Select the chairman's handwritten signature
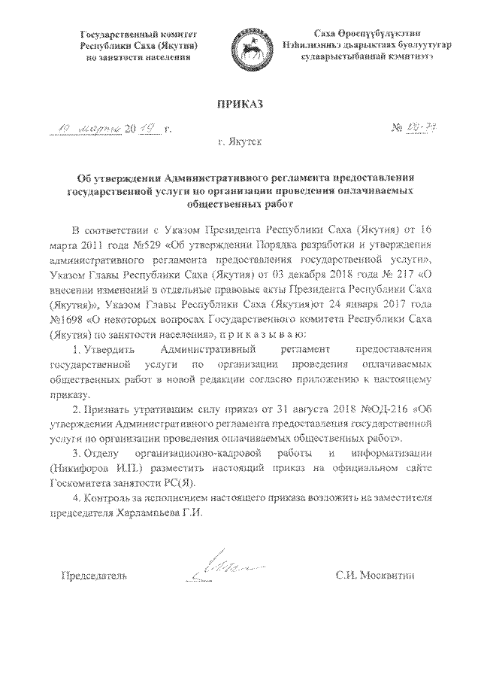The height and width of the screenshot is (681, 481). point(223,569)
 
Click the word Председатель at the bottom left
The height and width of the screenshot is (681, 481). point(94,576)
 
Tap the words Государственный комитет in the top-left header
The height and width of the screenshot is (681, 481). point(137,35)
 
